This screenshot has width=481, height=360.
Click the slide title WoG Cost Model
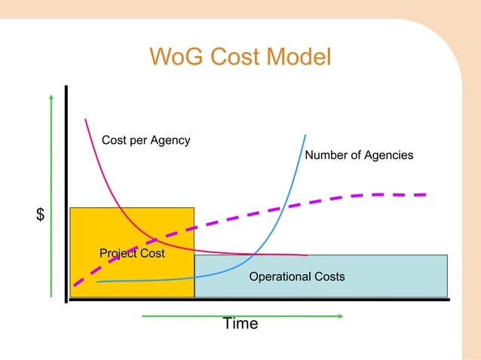[240, 57]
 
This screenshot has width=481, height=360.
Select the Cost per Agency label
[146, 140]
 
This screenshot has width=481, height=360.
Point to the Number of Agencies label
[359, 155]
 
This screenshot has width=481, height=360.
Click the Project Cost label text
[132, 253]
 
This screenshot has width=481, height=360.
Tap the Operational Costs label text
[296, 276]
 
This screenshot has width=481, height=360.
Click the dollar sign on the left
[40, 215]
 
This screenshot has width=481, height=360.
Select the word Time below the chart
[240, 324]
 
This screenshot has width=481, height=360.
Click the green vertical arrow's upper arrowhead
[51, 97]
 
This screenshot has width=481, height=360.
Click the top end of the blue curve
[305, 136]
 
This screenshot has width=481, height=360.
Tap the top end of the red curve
[86, 119]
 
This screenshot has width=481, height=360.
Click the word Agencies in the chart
[388, 155]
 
